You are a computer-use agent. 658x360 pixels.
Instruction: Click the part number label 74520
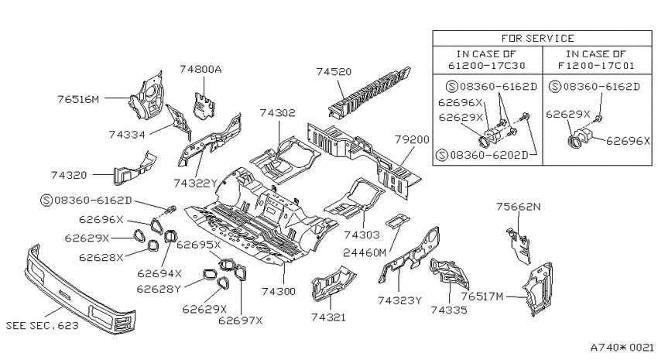[x=334, y=72]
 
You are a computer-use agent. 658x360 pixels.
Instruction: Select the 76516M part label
[x=78, y=99]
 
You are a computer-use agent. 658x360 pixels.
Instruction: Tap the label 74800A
[x=200, y=69]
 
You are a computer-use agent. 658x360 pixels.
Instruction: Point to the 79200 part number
[x=412, y=139]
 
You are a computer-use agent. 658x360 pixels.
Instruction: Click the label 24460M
[x=365, y=253]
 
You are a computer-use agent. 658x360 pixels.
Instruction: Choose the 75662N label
[x=518, y=207]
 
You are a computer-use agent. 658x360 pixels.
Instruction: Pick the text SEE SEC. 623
[x=42, y=326]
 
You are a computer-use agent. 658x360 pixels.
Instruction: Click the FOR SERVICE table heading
[x=537, y=39]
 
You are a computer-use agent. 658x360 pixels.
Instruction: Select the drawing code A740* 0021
[x=622, y=348]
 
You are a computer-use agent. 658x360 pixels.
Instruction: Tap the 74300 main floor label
[x=279, y=291]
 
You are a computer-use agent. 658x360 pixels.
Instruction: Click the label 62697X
[x=241, y=321]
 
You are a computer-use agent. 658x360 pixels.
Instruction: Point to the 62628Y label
[x=159, y=289]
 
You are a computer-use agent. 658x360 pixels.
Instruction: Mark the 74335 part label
[x=448, y=310]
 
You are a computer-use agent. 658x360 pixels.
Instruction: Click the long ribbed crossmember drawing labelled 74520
[x=369, y=91]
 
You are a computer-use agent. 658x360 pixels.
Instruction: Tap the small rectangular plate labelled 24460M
[x=396, y=221]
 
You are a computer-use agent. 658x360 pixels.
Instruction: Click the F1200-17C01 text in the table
[x=596, y=66]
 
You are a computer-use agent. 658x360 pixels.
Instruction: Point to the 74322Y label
[x=196, y=183]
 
